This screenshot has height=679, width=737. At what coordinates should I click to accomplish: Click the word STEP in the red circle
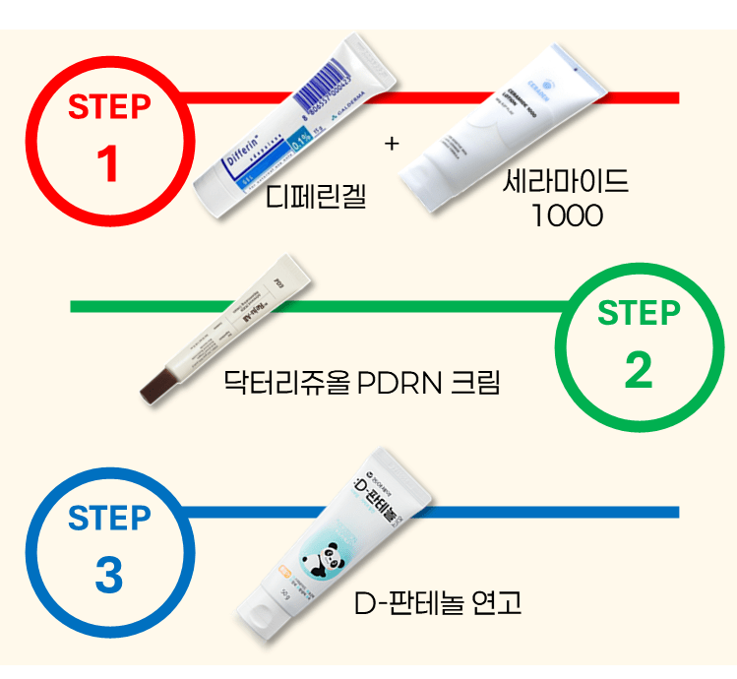[109, 107]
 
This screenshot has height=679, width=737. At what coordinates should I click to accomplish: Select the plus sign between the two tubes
[393, 144]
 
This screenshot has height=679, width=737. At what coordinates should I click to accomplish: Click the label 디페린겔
[317, 197]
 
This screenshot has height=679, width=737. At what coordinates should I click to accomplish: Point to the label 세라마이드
[566, 182]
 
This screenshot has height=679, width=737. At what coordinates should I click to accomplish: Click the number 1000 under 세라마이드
[567, 216]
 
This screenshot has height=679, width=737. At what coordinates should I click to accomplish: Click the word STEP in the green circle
[639, 314]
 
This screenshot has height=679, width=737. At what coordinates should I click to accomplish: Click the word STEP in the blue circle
[109, 518]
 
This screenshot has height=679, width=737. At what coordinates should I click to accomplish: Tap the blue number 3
[109, 576]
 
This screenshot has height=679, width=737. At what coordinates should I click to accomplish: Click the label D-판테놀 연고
[438, 601]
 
